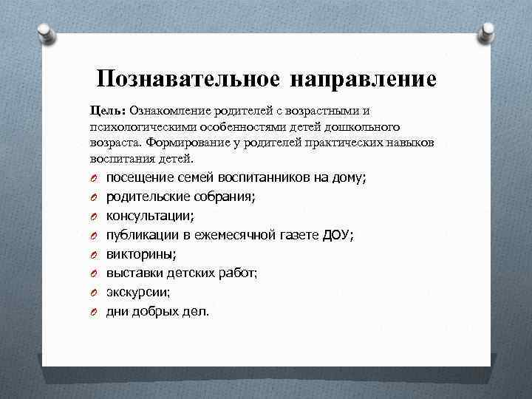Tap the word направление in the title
coord(364,78)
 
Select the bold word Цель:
coord(108,111)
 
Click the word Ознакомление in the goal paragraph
coord(171,111)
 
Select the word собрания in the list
coord(225,197)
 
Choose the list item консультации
coord(149,216)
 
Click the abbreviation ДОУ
coord(337,235)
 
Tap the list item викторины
coord(139,254)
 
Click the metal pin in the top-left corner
coord(45,31)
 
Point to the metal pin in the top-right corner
coord(487,31)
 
